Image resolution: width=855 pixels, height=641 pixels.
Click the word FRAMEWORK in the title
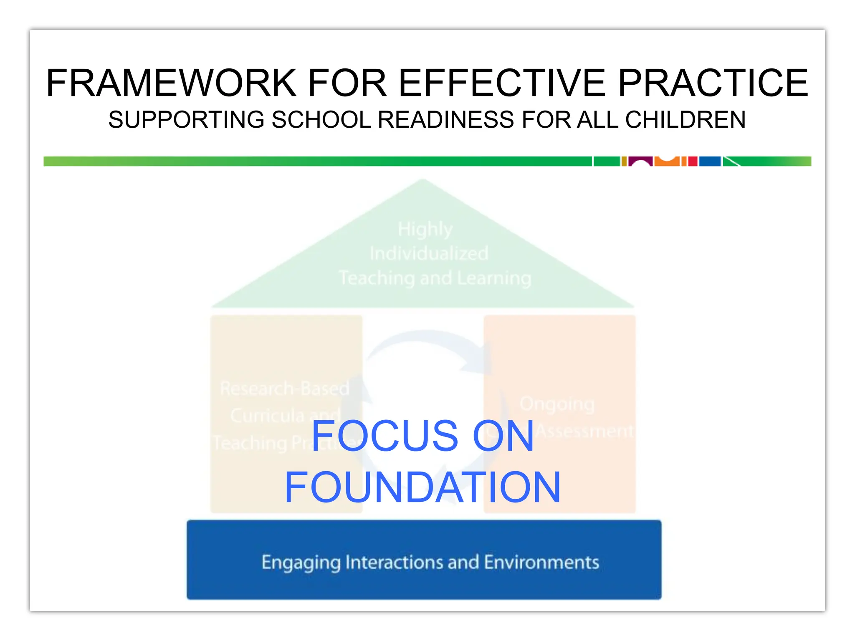(x=171, y=83)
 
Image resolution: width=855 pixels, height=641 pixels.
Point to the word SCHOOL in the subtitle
(x=321, y=120)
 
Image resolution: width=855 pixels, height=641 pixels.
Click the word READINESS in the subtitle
(x=446, y=120)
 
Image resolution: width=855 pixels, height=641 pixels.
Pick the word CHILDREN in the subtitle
(x=685, y=120)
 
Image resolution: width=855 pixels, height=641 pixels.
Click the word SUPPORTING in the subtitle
(x=186, y=120)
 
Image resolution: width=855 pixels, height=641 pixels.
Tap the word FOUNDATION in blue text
(x=422, y=487)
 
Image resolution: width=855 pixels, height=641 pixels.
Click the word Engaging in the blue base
(x=301, y=563)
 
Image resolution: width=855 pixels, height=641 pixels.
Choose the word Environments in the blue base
(x=541, y=562)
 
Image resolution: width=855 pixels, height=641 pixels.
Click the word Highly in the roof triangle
(x=425, y=229)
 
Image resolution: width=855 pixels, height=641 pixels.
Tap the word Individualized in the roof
(x=429, y=254)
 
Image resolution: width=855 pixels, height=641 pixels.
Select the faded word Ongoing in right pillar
(x=557, y=404)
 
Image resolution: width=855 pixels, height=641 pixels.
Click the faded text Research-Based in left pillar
(x=285, y=389)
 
